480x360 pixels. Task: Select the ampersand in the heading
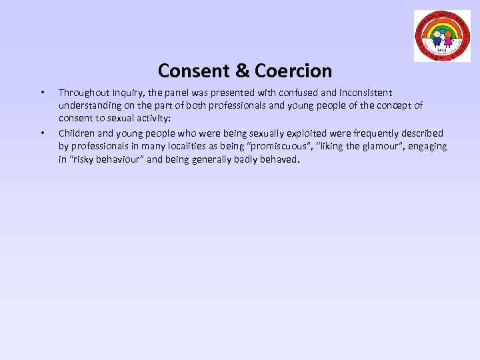(x=243, y=70)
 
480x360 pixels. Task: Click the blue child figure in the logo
(x=437, y=37)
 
